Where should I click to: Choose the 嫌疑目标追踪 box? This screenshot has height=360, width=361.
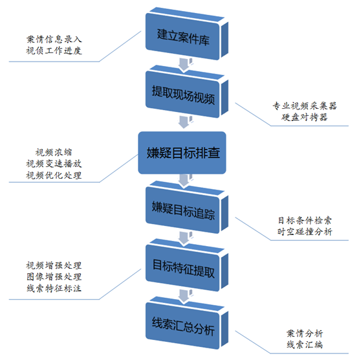click(x=183, y=208)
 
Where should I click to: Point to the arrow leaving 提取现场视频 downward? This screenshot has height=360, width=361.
click(x=184, y=122)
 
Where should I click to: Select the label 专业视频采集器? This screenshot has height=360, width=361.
click(x=303, y=106)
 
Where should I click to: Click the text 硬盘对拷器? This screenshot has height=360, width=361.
click(x=303, y=118)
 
